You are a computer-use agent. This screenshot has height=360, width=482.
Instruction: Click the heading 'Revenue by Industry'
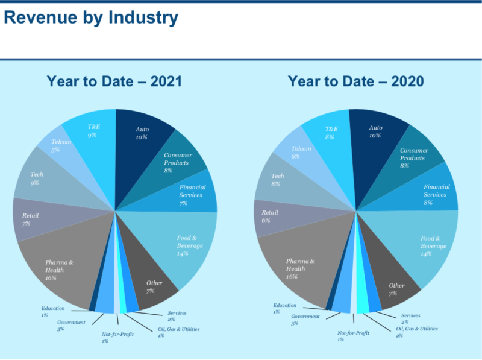(90, 17)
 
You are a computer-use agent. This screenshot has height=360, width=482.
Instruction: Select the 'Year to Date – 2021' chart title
(114, 81)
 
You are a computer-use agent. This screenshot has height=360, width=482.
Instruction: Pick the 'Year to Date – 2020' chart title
(355, 81)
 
